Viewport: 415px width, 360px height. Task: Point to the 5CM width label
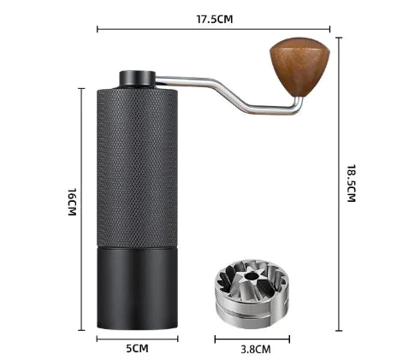136,349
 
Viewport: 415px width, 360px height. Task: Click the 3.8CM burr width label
254,349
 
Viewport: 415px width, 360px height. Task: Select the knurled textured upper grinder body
136,162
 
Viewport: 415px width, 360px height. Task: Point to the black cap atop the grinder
137,78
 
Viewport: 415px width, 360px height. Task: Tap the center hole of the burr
254,277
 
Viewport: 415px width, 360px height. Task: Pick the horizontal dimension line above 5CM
136,338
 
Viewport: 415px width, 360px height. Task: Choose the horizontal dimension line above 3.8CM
254,338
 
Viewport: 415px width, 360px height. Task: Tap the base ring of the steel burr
254,310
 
